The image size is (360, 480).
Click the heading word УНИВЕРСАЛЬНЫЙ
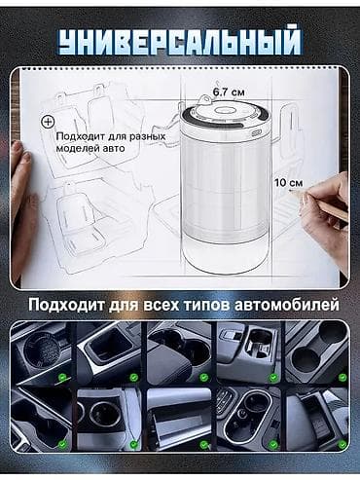(x=180, y=43)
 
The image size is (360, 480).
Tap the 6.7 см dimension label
(x=229, y=92)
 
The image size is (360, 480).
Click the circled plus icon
(x=49, y=122)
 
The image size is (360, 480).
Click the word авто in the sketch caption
(x=114, y=149)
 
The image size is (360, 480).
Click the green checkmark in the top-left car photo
(x=62, y=377)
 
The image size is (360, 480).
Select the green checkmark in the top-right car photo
(x=342, y=377)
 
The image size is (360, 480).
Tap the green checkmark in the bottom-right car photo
(x=342, y=444)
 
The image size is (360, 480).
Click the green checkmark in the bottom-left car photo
(x=62, y=444)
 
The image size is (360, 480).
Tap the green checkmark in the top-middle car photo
(x=204, y=378)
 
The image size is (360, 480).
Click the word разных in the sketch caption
(x=147, y=137)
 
